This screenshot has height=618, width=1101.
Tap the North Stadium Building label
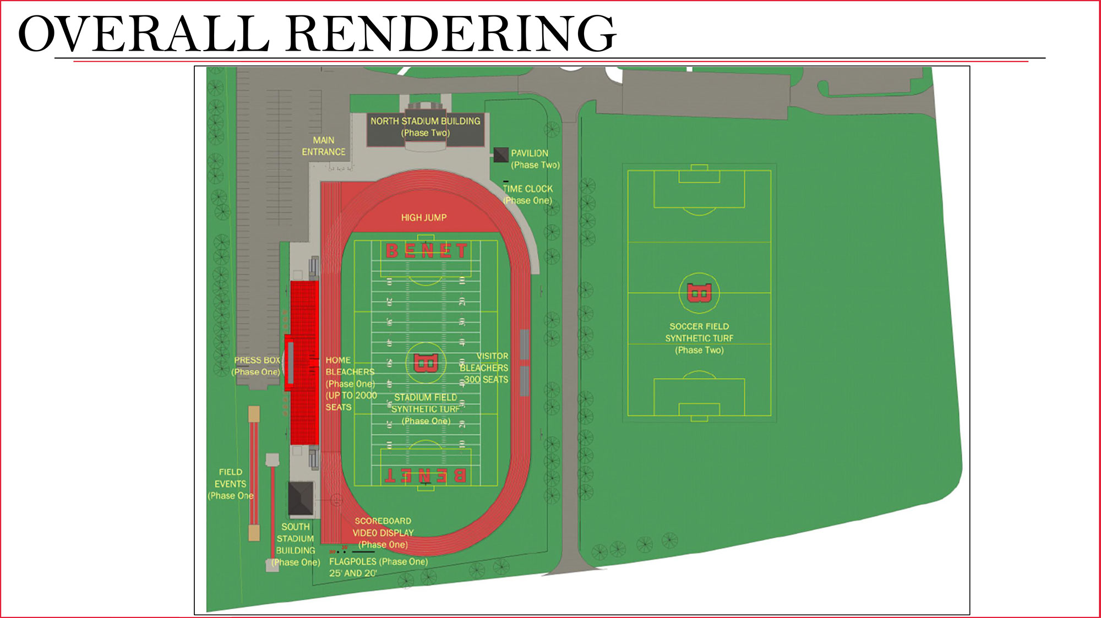click(x=425, y=127)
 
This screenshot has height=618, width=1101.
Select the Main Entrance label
click(x=323, y=146)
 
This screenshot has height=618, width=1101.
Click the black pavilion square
click(x=500, y=155)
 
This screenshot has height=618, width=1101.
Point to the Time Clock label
click(x=527, y=194)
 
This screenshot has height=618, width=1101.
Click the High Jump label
click(x=423, y=218)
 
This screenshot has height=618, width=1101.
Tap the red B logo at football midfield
click(x=425, y=363)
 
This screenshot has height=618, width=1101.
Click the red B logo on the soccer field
click(x=699, y=293)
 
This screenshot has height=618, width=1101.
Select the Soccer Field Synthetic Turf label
click(x=699, y=338)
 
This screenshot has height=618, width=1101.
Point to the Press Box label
click(x=257, y=366)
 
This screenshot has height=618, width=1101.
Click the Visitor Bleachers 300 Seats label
click(x=484, y=368)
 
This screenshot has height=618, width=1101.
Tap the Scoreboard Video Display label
click(x=383, y=533)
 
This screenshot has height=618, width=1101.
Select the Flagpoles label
click(x=378, y=567)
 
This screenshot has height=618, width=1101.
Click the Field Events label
click(x=230, y=484)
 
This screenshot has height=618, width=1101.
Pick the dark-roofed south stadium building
click(x=301, y=498)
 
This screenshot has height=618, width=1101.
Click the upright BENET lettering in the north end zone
click(x=426, y=251)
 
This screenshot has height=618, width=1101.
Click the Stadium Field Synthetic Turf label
click(x=426, y=409)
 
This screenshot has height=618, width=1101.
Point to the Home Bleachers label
click(x=350, y=384)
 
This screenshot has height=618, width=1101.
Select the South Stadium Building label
click(x=296, y=544)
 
